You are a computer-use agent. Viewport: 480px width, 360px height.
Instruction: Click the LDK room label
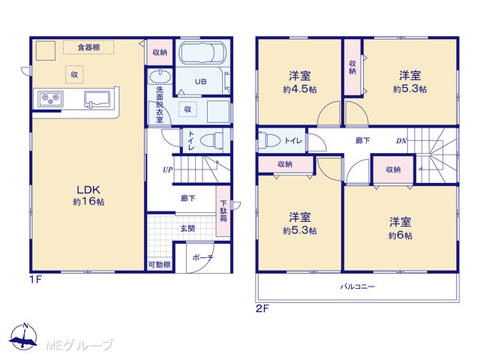pyautogui.click(x=88, y=190)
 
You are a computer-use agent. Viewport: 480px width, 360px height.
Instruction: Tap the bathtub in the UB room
pyautogui.click(x=202, y=53)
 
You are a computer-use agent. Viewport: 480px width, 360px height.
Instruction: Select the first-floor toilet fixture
pyautogui.click(x=211, y=141)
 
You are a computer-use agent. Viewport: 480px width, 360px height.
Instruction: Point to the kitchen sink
pyautogui.click(x=97, y=100)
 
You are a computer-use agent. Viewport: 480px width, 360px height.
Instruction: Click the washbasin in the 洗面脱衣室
pyautogui.click(x=160, y=76)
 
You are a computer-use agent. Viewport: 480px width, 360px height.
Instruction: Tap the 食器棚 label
pyautogui.click(x=88, y=47)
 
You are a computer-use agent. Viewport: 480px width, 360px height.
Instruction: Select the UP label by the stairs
pyautogui.click(x=168, y=169)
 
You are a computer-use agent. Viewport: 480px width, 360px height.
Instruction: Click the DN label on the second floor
pyautogui.click(x=401, y=141)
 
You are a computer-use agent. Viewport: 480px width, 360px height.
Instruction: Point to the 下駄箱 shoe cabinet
pyautogui.click(x=223, y=211)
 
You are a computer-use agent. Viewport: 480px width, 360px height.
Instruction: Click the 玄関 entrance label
pyautogui.click(x=187, y=228)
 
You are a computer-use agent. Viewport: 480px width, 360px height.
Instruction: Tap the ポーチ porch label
pyautogui.click(x=202, y=258)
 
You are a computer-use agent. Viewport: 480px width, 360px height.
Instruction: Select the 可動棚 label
pyautogui.click(x=160, y=265)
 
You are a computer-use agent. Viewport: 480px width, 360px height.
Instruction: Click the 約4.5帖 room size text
pyautogui.click(x=300, y=89)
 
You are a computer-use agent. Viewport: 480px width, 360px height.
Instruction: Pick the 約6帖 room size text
pyautogui.click(x=400, y=235)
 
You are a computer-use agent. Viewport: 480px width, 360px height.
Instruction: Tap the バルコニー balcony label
pyautogui.click(x=358, y=286)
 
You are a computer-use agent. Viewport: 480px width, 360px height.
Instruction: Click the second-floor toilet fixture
pyautogui.click(x=269, y=140)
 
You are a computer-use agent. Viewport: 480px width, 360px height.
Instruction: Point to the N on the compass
pyautogui.click(x=26, y=325)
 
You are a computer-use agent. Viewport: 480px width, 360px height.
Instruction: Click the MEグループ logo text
pyautogui.click(x=79, y=346)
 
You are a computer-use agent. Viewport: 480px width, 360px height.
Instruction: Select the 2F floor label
pyautogui.click(x=262, y=308)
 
